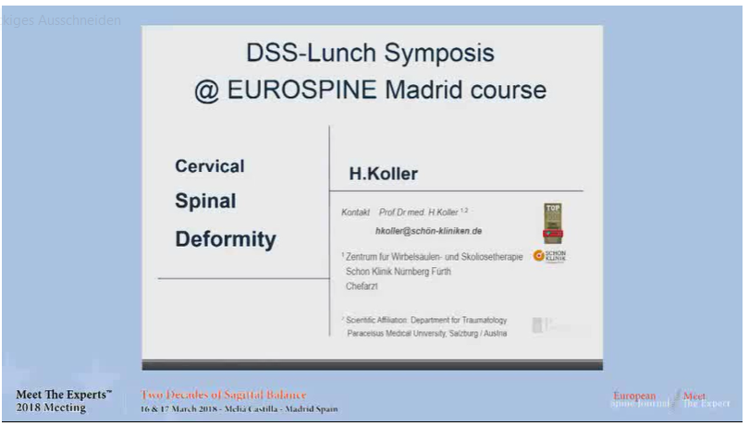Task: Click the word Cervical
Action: click(x=210, y=167)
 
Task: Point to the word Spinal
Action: click(x=206, y=201)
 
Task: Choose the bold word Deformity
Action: click(x=226, y=239)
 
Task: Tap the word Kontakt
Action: click(x=356, y=212)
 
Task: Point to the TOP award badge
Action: click(x=551, y=223)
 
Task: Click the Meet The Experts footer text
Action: click(x=64, y=395)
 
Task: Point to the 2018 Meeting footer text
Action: click(x=52, y=408)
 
